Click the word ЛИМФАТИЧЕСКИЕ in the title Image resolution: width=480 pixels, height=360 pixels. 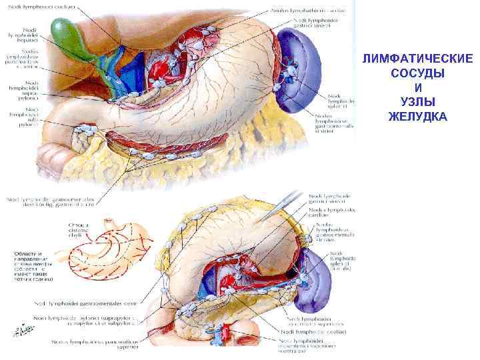[x=418, y=59]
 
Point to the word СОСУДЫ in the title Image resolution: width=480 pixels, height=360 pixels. [x=418, y=73]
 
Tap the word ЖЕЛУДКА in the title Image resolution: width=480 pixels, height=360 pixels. [x=418, y=117]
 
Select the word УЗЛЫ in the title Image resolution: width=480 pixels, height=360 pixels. [x=418, y=103]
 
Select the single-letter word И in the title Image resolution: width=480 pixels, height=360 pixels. [x=418, y=88]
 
